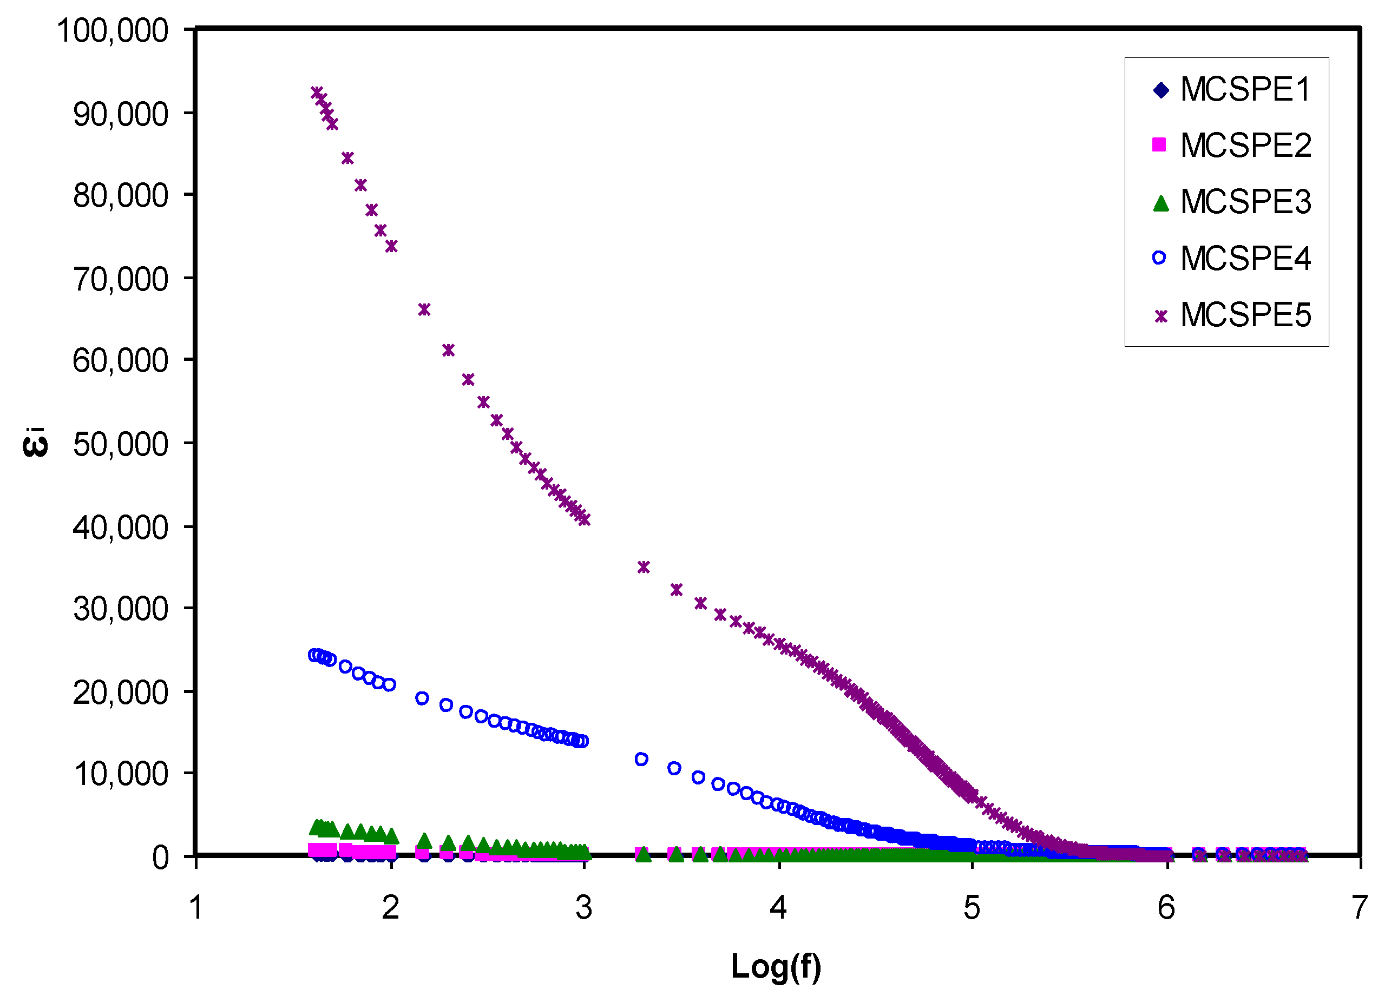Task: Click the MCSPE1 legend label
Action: (x=1245, y=90)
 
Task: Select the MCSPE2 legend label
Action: (x=1245, y=146)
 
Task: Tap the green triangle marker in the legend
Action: (x=1160, y=203)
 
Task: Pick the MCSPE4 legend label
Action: (x=1245, y=259)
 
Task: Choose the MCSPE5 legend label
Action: (x=1245, y=315)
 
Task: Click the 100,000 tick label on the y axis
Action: (x=113, y=30)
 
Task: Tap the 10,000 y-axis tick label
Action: (x=120, y=774)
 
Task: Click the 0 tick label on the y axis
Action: (x=160, y=858)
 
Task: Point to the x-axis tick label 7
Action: (x=1359, y=908)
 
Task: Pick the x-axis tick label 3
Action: (x=583, y=908)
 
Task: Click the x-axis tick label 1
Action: (x=195, y=908)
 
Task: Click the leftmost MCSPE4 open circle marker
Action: (x=314, y=655)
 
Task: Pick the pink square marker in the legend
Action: (x=1159, y=144)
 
